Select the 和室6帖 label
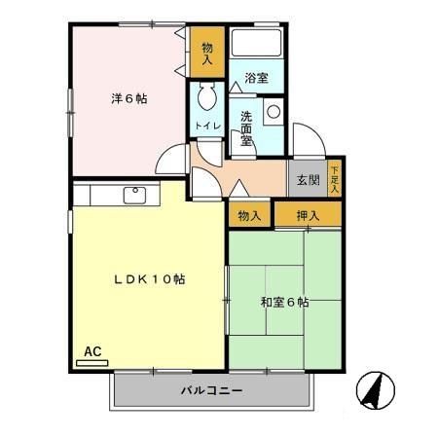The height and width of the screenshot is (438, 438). click(285, 302)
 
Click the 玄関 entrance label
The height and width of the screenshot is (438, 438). click(308, 179)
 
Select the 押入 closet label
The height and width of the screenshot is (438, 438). click(308, 215)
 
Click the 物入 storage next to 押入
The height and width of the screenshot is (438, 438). click(249, 215)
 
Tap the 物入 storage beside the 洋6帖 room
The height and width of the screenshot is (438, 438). click(207, 53)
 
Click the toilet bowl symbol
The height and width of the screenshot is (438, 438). click(206, 98)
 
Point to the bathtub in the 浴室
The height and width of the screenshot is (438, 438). click(257, 44)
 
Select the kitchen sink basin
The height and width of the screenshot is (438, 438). click(133, 195)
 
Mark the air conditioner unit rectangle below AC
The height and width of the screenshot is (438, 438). click(92, 362)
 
